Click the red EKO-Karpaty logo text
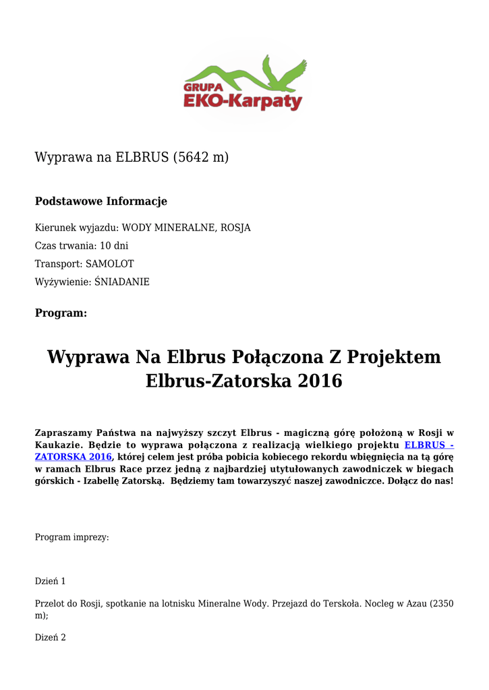coord(243,102)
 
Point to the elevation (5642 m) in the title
coord(201,158)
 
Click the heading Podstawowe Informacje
coord(101,201)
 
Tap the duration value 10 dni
coord(113,246)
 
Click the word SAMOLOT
coord(110,264)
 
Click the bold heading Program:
coord(61,313)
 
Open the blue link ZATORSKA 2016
coord(73,457)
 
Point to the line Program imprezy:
coord(72,538)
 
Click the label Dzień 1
coord(51,581)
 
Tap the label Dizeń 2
coord(51,637)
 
